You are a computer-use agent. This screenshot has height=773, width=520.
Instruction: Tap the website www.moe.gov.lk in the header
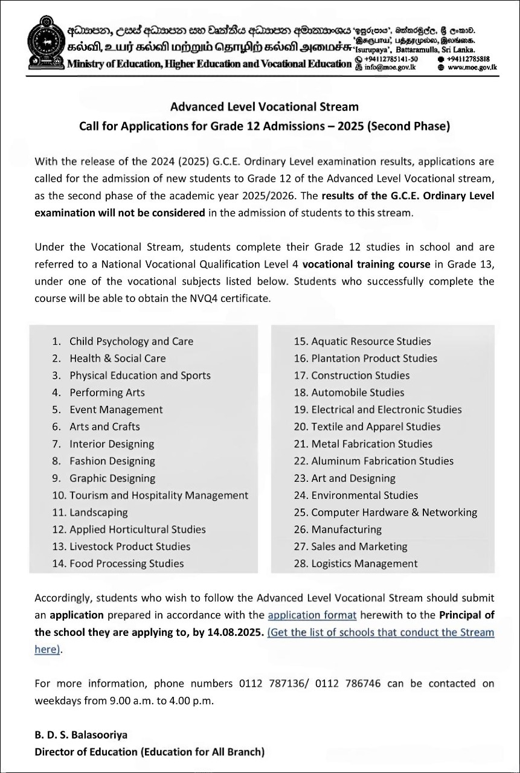click(x=472, y=68)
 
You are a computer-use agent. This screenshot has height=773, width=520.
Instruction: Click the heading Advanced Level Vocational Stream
click(x=264, y=107)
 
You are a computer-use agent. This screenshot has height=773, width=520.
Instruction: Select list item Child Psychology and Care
click(x=131, y=341)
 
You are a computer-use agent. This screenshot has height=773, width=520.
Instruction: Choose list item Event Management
click(x=116, y=409)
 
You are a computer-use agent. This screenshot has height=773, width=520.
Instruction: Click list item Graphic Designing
click(x=112, y=478)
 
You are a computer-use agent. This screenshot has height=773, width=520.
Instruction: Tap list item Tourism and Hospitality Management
click(x=158, y=495)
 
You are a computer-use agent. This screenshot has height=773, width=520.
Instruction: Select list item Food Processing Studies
click(x=126, y=563)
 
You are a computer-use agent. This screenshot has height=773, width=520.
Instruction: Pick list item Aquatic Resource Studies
click(x=371, y=341)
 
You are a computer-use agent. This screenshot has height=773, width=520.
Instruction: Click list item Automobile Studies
click(x=358, y=393)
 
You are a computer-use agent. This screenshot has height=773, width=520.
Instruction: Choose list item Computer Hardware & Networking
click(x=394, y=512)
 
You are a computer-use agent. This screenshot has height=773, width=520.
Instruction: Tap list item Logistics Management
click(x=364, y=563)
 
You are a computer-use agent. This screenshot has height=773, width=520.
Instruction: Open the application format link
click(x=312, y=615)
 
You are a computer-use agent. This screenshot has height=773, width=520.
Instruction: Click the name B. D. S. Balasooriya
click(x=81, y=736)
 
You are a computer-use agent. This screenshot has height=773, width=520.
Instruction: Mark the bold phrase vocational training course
click(x=366, y=264)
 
